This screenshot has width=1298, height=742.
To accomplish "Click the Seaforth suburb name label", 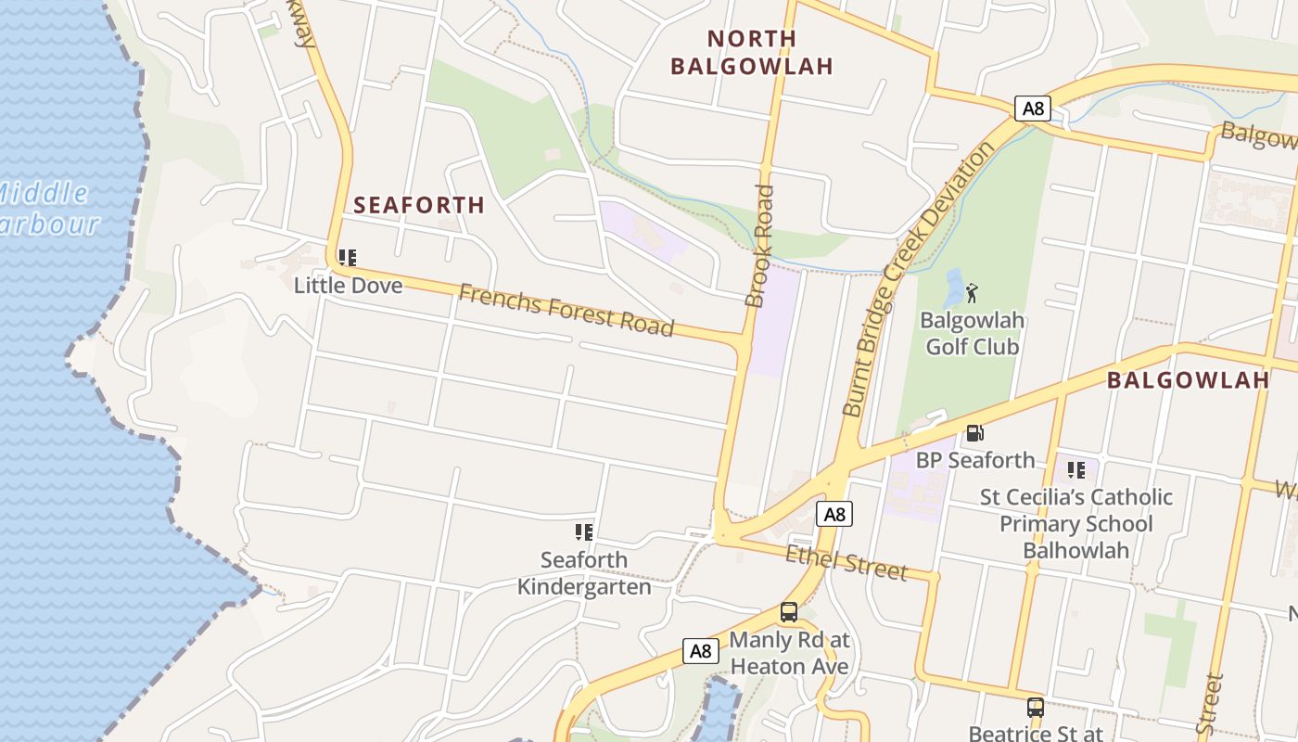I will pyautogui.click(x=419, y=205).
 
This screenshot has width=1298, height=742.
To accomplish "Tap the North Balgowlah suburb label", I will pyautogui.click(x=751, y=52).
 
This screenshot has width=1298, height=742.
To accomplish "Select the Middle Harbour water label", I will pyautogui.click(x=46, y=209).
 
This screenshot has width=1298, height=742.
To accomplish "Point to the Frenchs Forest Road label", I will pyautogui.click(x=566, y=310).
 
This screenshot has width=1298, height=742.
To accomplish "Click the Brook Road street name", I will pyautogui.click(x=759, y=246).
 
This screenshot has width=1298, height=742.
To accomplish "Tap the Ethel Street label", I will pyautogui.click(x=846, y=563).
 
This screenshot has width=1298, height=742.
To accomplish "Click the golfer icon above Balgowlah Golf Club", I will pyautogui.click(x=972, y=294).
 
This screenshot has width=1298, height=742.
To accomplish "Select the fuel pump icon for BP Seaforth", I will pyautogui.click(x=974, y=433).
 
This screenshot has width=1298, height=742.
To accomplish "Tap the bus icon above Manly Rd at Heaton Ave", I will pyautogui.click(x=789, y=612).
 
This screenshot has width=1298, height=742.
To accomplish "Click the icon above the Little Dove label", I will pyautogui.click(x=348, y=258).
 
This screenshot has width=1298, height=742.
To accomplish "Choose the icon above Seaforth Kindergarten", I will pyautogui.click(x=584, y=532).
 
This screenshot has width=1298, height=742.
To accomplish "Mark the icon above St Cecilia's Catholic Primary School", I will pyautogui.click(x=1075, y=470).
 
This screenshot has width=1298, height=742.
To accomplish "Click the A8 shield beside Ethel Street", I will pyautogui.click(x=834, y=514).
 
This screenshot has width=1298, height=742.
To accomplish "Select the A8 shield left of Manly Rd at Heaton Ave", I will pyautogui.click(x=700, y=651).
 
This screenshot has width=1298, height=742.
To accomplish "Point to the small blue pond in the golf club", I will pyautogui.click(x=953, y=288).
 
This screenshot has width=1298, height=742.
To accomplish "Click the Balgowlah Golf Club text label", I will pyautogui.click(x=972, y=334).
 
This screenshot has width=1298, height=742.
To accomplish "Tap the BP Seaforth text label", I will pyautogui.click(x=975, y=460).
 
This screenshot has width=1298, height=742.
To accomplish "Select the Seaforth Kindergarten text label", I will pyautogui.click(x=584, y=573).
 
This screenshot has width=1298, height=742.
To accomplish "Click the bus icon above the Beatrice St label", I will pyautogui.click(x=1036, y=708).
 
